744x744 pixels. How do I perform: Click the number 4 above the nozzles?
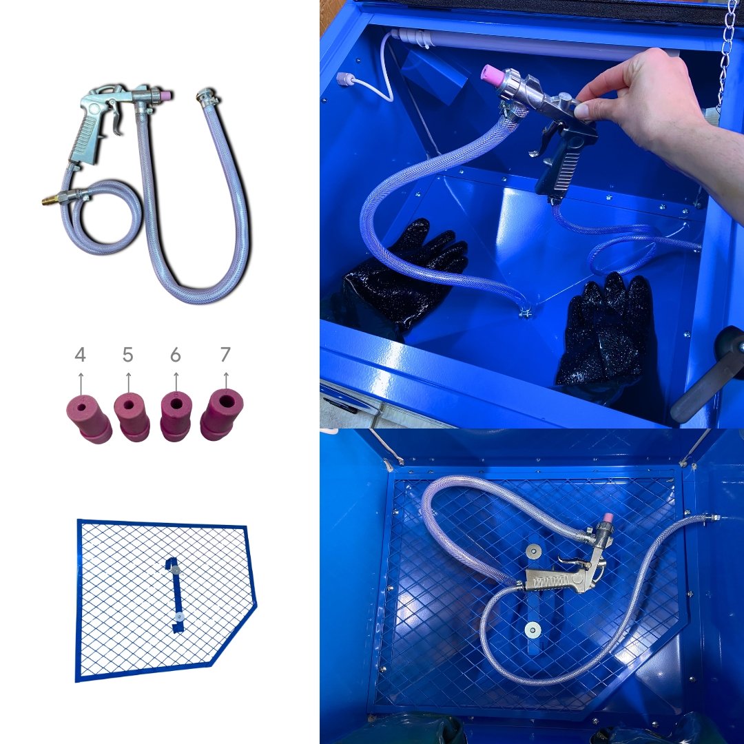click(x=80, y=355)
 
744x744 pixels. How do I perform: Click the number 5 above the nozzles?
click(x=127, y=355)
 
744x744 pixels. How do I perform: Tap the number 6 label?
click(x=176, y=355)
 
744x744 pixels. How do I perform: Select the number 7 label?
click(x=225, y=355)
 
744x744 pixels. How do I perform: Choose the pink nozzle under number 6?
click(x=176, y=415)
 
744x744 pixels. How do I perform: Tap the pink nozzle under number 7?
click(x=222, y=414)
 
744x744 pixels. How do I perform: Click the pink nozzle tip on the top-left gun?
click(x=165, y=95)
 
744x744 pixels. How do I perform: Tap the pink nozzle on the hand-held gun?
click(x=493, y=76)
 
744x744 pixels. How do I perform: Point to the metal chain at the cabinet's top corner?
click(x=726, y=52)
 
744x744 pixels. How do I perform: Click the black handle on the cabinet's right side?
click(x=707, y=375)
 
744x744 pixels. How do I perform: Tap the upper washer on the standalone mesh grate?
click(x=176, y=570)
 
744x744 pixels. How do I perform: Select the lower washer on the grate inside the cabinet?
click(x=533, y=630)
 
